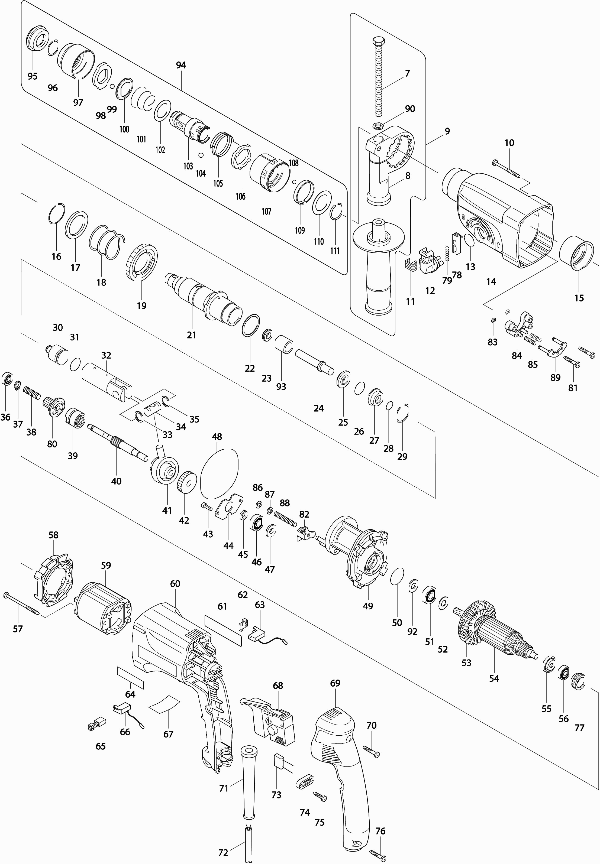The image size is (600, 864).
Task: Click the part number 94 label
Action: click(181, 65)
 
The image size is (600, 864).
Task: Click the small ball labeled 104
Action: click(201, 155)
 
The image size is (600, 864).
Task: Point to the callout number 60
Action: click(175, 584)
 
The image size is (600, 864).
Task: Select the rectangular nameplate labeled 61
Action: click(223, 631)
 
